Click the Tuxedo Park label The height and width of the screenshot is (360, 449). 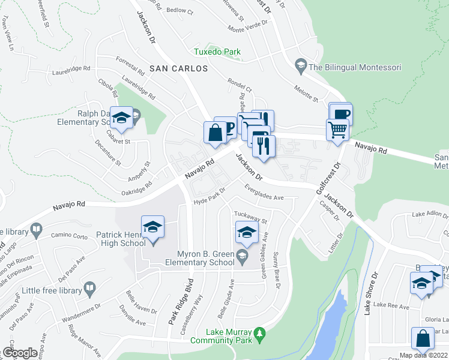[x=217, y=52]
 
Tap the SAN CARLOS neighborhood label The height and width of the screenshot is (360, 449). [x=178, y=69]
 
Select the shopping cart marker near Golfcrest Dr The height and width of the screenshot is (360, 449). [x=338, y=128]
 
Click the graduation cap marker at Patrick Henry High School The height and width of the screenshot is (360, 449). [x=153, y=228]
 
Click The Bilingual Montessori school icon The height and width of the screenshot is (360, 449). [x=300, y=65]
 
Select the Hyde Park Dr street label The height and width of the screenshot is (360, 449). [x=209, y=197]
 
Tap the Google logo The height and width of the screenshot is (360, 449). [x=19, y=353]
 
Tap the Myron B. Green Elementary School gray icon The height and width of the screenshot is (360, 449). [x=242, y=257]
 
